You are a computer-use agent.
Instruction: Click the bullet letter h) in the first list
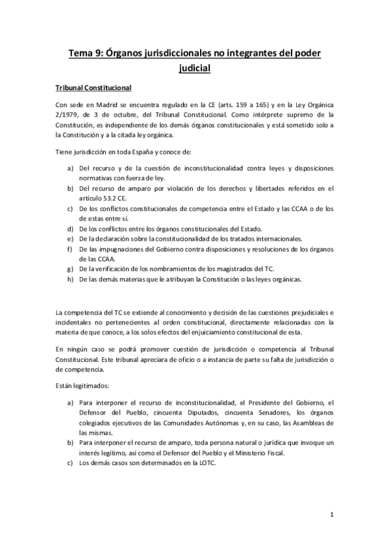[x=70, y=280]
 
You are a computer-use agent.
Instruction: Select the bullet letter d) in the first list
[x=70, y=229]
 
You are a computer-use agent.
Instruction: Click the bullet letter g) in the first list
[x=70, y=269]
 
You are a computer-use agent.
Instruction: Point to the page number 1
[x=331, y=516]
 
